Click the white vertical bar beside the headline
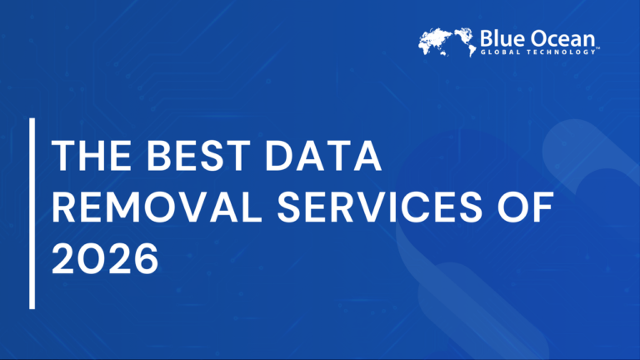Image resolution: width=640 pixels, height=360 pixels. pyautogui.click(x=32, y=213)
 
